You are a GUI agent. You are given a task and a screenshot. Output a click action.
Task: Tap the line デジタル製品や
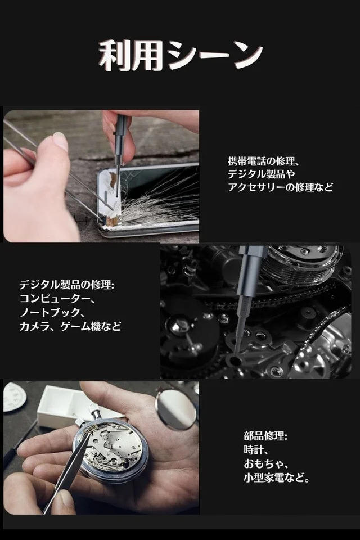tap(261, 174)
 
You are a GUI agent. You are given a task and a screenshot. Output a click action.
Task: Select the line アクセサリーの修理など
tap(281, 187)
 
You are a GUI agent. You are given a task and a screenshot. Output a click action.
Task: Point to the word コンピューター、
tap(57, 298)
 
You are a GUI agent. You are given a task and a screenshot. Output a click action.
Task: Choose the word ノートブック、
tap(52, 312)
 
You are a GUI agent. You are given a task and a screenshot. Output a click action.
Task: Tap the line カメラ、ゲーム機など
tap(70, 326)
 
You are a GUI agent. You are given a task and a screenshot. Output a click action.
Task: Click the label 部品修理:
tap(265, 436)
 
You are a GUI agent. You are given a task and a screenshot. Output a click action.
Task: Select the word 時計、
tap(256, 450)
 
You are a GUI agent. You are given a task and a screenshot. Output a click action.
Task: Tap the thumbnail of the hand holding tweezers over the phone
tap(101, 176)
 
